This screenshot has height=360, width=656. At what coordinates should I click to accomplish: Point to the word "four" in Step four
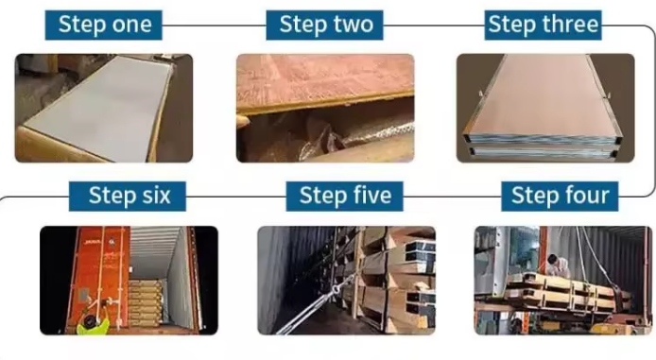coord(585,196)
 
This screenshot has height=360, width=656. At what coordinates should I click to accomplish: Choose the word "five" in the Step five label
coord(370,196)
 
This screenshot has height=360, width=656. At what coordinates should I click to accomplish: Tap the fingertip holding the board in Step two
coord(242,121)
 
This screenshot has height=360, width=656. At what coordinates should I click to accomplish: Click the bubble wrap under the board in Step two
coord(360,138)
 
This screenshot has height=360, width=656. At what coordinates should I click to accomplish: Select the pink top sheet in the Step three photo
coord(544,95)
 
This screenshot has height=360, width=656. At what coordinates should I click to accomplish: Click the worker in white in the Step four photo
coord(558,266)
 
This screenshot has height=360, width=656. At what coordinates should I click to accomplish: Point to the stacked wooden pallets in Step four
coord(565,293)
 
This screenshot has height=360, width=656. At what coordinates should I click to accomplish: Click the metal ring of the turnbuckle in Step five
coord(337,290)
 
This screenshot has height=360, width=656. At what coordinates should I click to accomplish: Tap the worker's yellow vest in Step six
coord(93,327)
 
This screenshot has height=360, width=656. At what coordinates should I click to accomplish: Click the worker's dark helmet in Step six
coord(90,321)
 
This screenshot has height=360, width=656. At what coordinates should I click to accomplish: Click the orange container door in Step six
coord(99,276)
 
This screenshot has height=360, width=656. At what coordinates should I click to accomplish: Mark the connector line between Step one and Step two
coord(214,26)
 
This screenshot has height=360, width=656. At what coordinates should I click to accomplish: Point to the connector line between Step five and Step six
coord(236,197)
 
